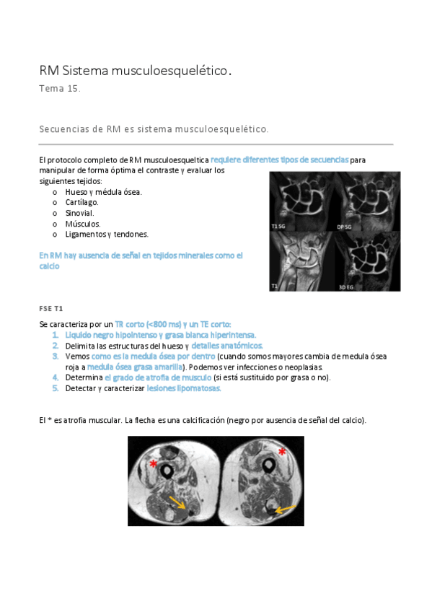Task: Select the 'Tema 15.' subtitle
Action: click(60, 89)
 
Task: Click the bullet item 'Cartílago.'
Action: click(81, 202)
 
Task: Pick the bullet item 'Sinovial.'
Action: click(79, 213)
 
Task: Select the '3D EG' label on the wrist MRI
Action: click(348, 287)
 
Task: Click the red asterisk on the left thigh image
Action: click(153, 464)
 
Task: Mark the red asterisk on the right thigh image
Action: click(282, 452)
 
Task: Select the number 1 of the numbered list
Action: click(56, 335)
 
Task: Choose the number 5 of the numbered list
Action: click(56, 388)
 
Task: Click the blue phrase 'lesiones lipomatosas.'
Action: click(184, 388)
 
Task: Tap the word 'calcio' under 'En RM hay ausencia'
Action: click(49, 266)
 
